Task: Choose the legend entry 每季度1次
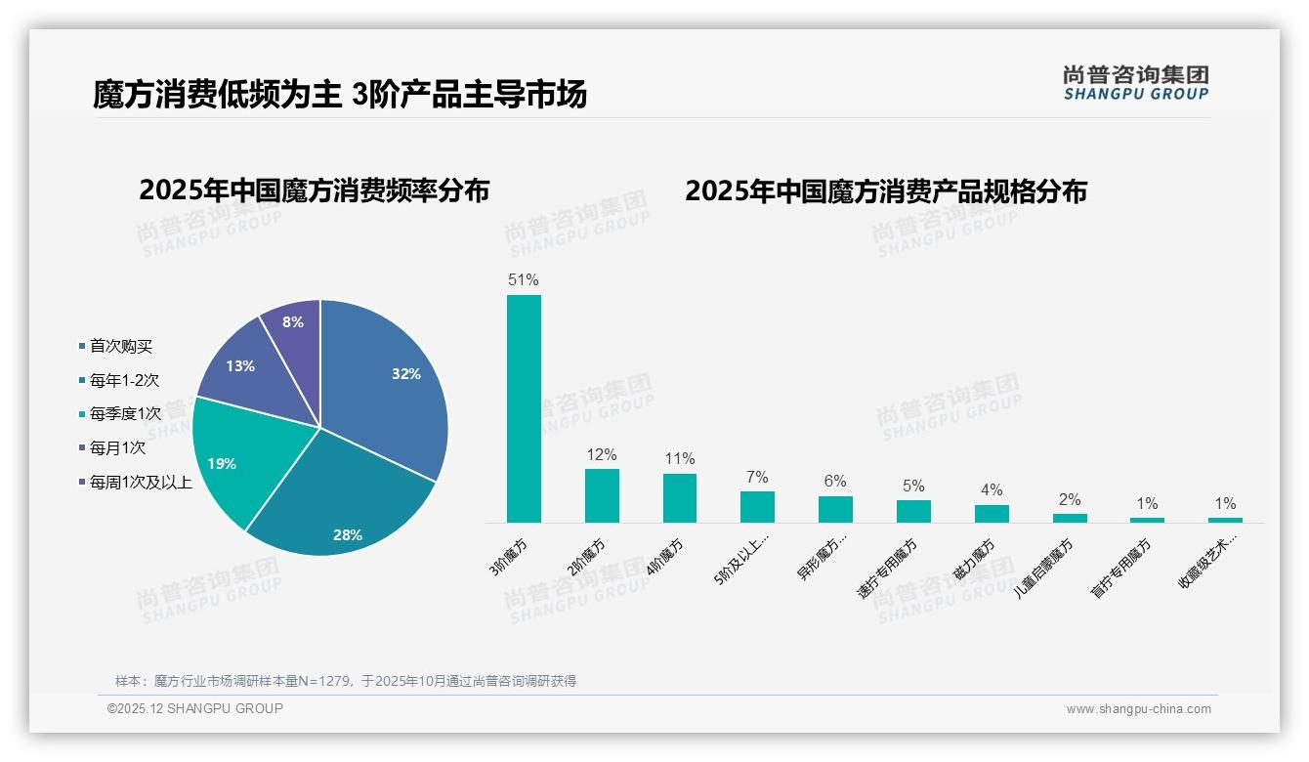click(x=125, y=414)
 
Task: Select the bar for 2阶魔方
click(x=602, y=495)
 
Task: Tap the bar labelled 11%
click(x=680, y=498)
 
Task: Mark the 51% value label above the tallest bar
click(x=524, y=280)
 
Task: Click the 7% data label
click(x=757, y=478)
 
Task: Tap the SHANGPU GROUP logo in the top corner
click(x=1135, y=83)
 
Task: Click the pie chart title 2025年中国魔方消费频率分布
click(x=314, y=190)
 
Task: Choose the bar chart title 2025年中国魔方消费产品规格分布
click(x=885, y=191)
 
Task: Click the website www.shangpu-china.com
click(x=1138, y=709)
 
